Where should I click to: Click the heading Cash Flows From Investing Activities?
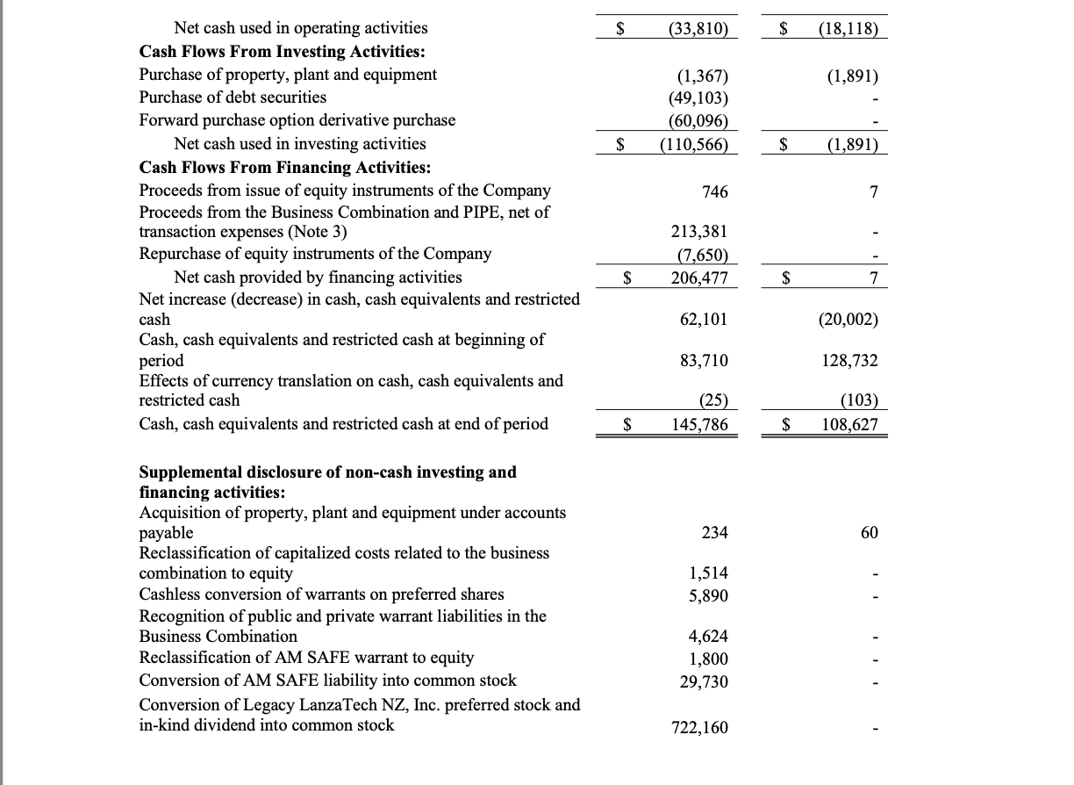pyautogui.click(x=283, y=51)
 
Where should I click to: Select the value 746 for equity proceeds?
pyautogui.click(x=714, y=192)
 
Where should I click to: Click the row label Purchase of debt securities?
pyautogui.click(x=233, y=97)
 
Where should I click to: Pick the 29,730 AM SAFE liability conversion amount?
pyautogui.click(x=704, y=681)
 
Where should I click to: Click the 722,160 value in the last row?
pyautogui.click(x=698, y=728)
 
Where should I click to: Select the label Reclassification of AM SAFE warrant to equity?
pyautogui.click(x=306, y=658)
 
